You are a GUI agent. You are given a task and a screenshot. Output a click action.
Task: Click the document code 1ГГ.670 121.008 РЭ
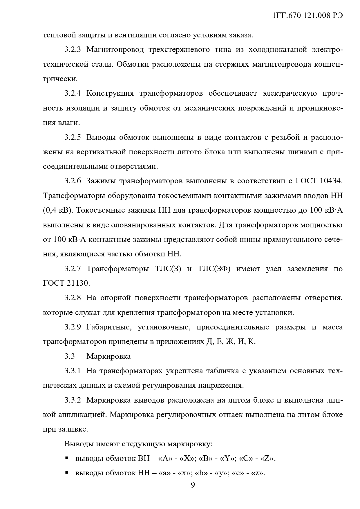click(x=308, y=16)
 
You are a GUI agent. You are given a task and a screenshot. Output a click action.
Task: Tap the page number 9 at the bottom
click(x=193, y=485)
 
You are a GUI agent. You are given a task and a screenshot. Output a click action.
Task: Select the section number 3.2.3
click(x=73, y=50)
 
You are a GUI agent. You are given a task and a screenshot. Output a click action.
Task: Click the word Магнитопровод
click(x=115, y=50)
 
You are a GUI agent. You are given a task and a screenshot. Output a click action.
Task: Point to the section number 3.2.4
click(x=73, y=93)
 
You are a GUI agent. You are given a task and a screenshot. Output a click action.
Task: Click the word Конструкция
click(x=110, y=93)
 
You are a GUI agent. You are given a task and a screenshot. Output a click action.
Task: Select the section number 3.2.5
click(x=73, y=137)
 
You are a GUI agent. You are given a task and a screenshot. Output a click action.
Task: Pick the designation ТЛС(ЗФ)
click(x=214, y=269)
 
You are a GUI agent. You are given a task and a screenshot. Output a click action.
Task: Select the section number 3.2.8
click(x=73, y=298)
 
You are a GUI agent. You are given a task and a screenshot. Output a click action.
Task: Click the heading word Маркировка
click(x=108, y=356)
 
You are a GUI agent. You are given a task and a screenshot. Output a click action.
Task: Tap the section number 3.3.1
click(x=73, y=371)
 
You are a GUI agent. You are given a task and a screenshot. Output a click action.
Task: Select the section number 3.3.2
click(x=73, y=400)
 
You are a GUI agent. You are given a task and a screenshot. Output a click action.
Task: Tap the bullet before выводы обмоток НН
click(x=67, y=473)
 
